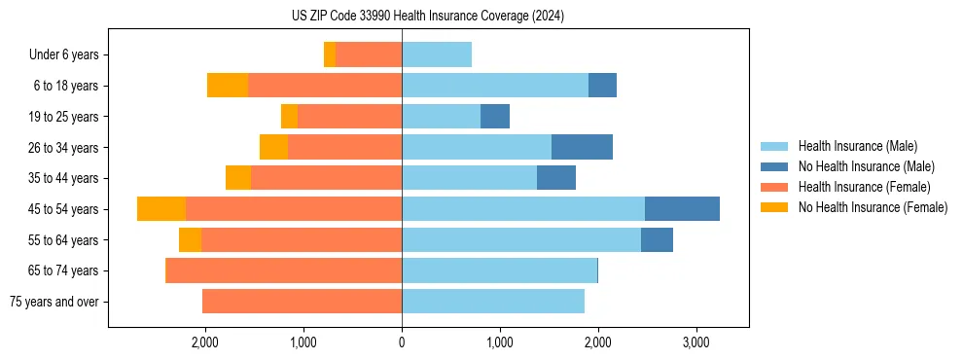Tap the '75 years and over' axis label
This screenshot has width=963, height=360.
point(54,302)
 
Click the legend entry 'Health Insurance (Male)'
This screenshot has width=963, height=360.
point(857,146)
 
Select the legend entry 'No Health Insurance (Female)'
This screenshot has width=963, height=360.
point(873,207)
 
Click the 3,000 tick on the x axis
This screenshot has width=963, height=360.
point(695,342)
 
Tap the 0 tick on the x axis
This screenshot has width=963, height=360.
point(402,342)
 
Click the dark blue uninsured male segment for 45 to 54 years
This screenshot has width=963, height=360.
point(682,209)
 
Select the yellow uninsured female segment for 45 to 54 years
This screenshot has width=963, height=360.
point(161,209)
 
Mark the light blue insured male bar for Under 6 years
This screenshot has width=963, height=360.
point(437,55)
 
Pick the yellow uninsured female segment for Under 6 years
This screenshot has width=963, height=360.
point(330,55)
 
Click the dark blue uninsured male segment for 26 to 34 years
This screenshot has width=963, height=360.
point(582,147)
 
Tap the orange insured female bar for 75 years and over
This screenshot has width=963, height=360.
point(302,302)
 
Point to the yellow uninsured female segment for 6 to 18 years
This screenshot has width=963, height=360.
point(228,86)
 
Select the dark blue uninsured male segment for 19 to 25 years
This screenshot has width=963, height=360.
point(495,117)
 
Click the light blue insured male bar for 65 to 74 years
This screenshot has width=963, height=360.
point(499,270)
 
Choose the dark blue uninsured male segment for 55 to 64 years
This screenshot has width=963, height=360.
point(657,240)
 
